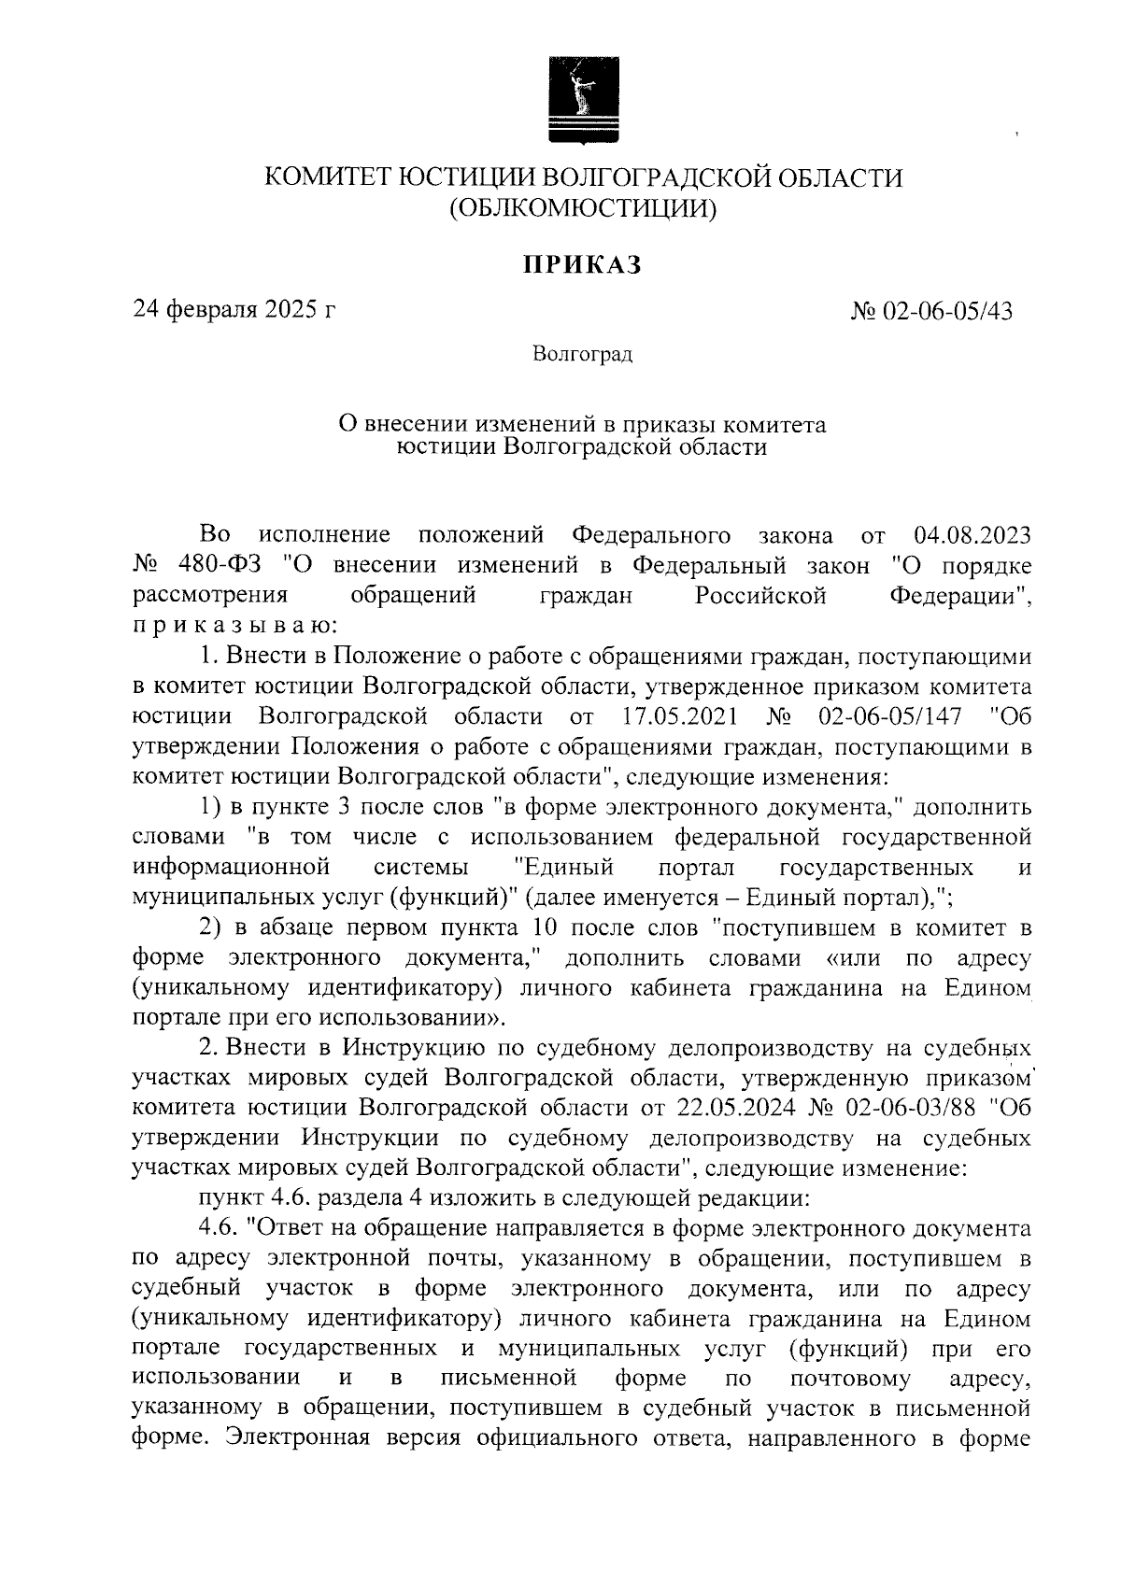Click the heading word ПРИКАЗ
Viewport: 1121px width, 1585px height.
[x=582, y=265]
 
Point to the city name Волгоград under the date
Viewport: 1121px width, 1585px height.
[x=582, y=355]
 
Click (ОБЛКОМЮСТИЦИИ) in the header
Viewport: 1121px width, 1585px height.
[x=583, y=208]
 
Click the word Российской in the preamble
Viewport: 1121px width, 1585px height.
[x=761, y=596]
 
